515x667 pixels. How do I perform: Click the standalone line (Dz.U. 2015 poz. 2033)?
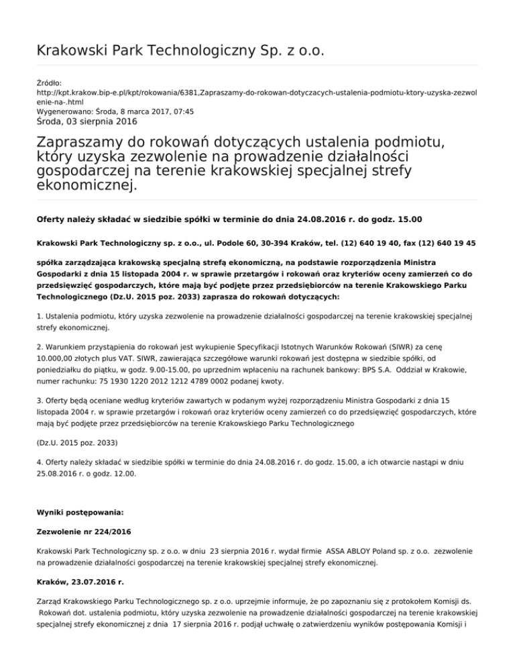click(x=76, y=425)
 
